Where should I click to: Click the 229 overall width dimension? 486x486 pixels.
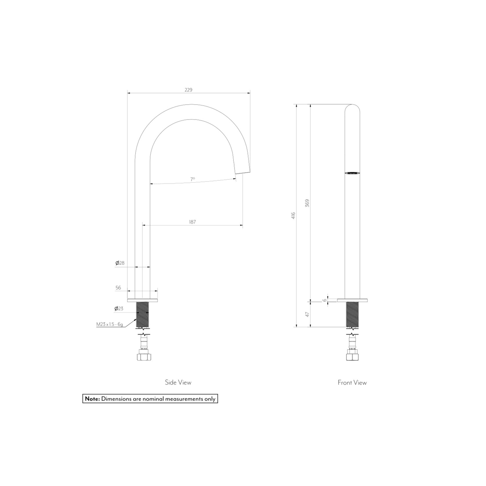point(188,90)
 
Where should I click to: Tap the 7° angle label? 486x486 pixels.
point(193,179)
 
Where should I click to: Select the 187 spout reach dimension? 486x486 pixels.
point(193,222)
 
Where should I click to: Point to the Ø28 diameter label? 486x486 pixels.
point(120,263)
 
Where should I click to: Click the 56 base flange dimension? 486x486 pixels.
point(118,288)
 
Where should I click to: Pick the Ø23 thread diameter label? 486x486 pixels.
point(119,309)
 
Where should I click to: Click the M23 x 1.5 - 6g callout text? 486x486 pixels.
point(110,324)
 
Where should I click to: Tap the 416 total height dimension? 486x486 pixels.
point(293,215)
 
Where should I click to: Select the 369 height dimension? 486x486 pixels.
point(307,203)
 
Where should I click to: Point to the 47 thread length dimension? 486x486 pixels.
point(308,314)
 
